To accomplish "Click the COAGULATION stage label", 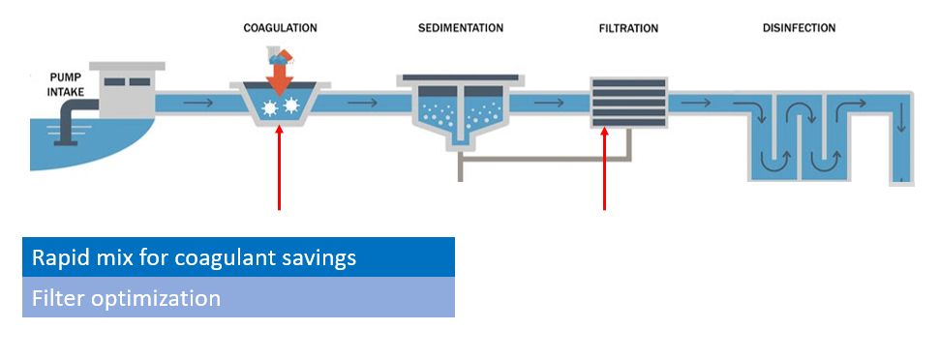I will (279, 28).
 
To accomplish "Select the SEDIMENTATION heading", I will (460, 28).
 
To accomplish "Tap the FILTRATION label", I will (628, 28).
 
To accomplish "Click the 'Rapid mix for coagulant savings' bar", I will (238, 257).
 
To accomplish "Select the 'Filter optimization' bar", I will (238, 297).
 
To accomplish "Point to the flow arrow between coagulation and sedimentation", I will (362, 100).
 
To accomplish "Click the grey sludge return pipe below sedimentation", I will (542, 180).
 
